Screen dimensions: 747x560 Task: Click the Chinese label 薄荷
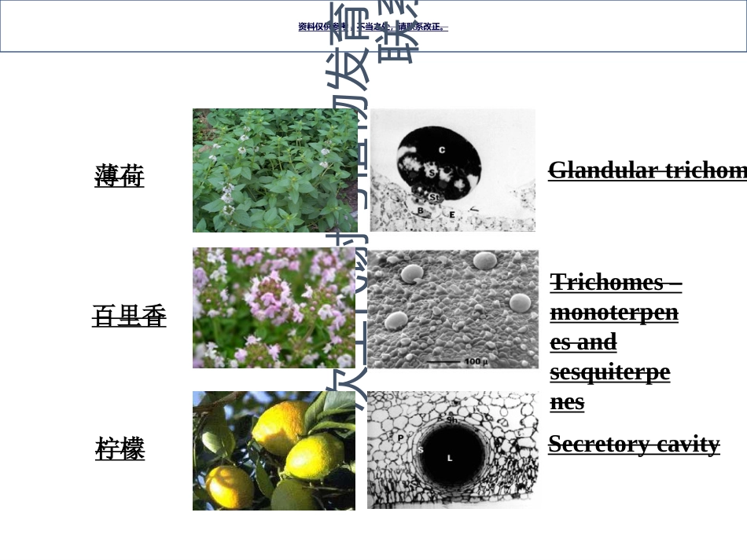click(x=120, y=175)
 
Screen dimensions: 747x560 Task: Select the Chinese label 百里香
click(x=129, y=316)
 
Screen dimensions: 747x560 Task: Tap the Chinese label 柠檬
click(x=120, y=449)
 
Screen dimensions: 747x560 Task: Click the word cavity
click(x=688, y=444)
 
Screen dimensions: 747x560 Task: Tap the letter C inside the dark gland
click(x=442, y=149)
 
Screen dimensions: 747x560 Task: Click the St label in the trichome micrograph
click(x=433, y=196)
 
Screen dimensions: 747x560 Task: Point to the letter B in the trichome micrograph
click(x=420, y=210)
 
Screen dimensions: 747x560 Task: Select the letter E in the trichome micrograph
click(x=452, y=213)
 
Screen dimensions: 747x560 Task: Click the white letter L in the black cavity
click(x=450, y=457)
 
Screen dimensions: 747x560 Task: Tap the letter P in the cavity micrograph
click(x=400, y=437)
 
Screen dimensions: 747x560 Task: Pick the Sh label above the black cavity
click(x=452, y=420)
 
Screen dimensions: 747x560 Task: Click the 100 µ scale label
click(x=476, y=361)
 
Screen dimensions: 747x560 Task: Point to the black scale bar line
click(x=444, y=361)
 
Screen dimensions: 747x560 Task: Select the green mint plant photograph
click(x=264, y=170)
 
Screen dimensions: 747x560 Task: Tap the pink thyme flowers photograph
click(x=274, y=308)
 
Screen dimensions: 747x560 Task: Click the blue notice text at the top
click(x=373, y=27)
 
